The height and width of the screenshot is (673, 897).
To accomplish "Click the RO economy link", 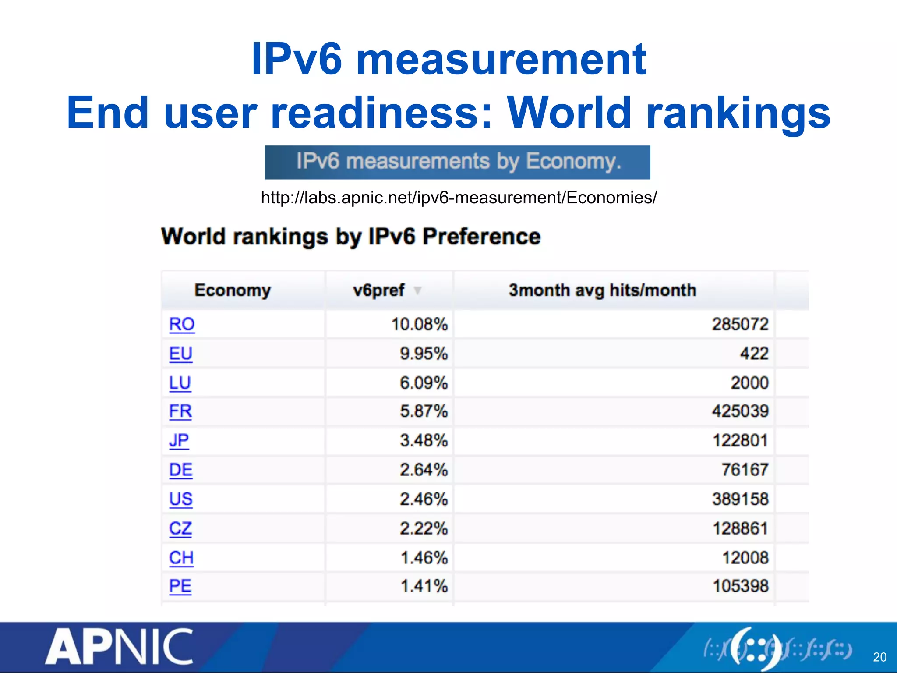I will click(x=182, y=325).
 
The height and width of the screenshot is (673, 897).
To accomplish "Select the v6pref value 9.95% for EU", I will click(x=423, y=354).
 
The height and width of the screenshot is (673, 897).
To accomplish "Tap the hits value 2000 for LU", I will click(x=749, y=383).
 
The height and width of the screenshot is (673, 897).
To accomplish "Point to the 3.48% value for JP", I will click(x=423, y=440).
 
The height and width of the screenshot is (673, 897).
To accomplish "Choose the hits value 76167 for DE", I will click(x=745, y=470).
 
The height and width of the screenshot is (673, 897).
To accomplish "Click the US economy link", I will click(x=181, y=499).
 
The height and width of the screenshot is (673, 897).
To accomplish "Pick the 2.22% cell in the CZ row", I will click(x=423, y=528).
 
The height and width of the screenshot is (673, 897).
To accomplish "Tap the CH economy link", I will click(x=181, y=558).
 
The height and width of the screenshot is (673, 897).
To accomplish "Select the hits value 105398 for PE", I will click(x=740, y=586).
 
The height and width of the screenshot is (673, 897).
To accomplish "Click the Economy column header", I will click(x=233, y=290).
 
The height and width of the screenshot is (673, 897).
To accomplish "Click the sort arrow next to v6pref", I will click(x=417, y=290).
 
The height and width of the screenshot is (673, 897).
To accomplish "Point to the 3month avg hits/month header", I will click(x=602, y=290).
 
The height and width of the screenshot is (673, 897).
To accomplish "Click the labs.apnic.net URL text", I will click(x=459, y=198).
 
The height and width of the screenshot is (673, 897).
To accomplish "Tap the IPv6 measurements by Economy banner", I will click(x=457, y=162).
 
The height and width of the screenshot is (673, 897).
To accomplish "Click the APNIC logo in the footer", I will click(x=119, y=647).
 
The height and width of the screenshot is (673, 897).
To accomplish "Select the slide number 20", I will click(x=879, y=657).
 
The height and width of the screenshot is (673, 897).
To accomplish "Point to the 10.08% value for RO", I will click(x=419, y=325).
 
